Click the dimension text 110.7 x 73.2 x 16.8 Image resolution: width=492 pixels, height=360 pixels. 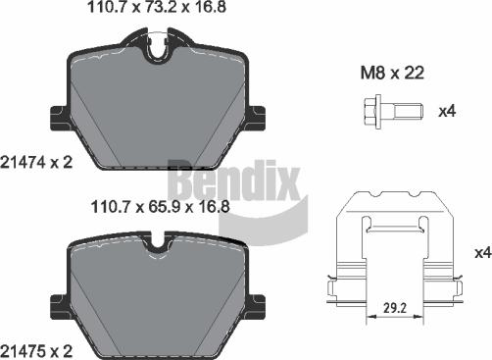pos(158,11)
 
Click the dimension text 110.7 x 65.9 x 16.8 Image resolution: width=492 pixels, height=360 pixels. pos(158,207)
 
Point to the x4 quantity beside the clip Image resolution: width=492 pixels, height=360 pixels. pos(480,253)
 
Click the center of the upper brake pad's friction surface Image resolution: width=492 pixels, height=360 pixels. pos(157,108)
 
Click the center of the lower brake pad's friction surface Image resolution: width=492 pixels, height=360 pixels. pos(157,294)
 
